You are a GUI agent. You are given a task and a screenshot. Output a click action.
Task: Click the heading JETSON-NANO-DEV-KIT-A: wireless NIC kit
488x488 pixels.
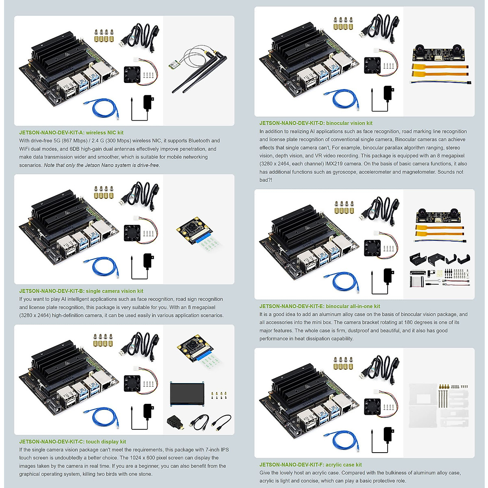71,133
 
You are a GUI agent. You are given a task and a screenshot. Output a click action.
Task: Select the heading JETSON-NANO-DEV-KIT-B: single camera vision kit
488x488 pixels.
81,291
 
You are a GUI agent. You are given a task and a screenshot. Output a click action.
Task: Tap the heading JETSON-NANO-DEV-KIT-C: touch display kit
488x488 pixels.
72,442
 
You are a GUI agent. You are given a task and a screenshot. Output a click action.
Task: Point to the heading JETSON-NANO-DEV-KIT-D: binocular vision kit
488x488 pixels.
316,123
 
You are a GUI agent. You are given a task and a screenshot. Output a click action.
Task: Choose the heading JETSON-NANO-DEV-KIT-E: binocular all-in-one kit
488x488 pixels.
320,306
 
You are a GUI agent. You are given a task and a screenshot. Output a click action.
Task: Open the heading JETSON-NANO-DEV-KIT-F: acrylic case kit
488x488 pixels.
310,464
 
